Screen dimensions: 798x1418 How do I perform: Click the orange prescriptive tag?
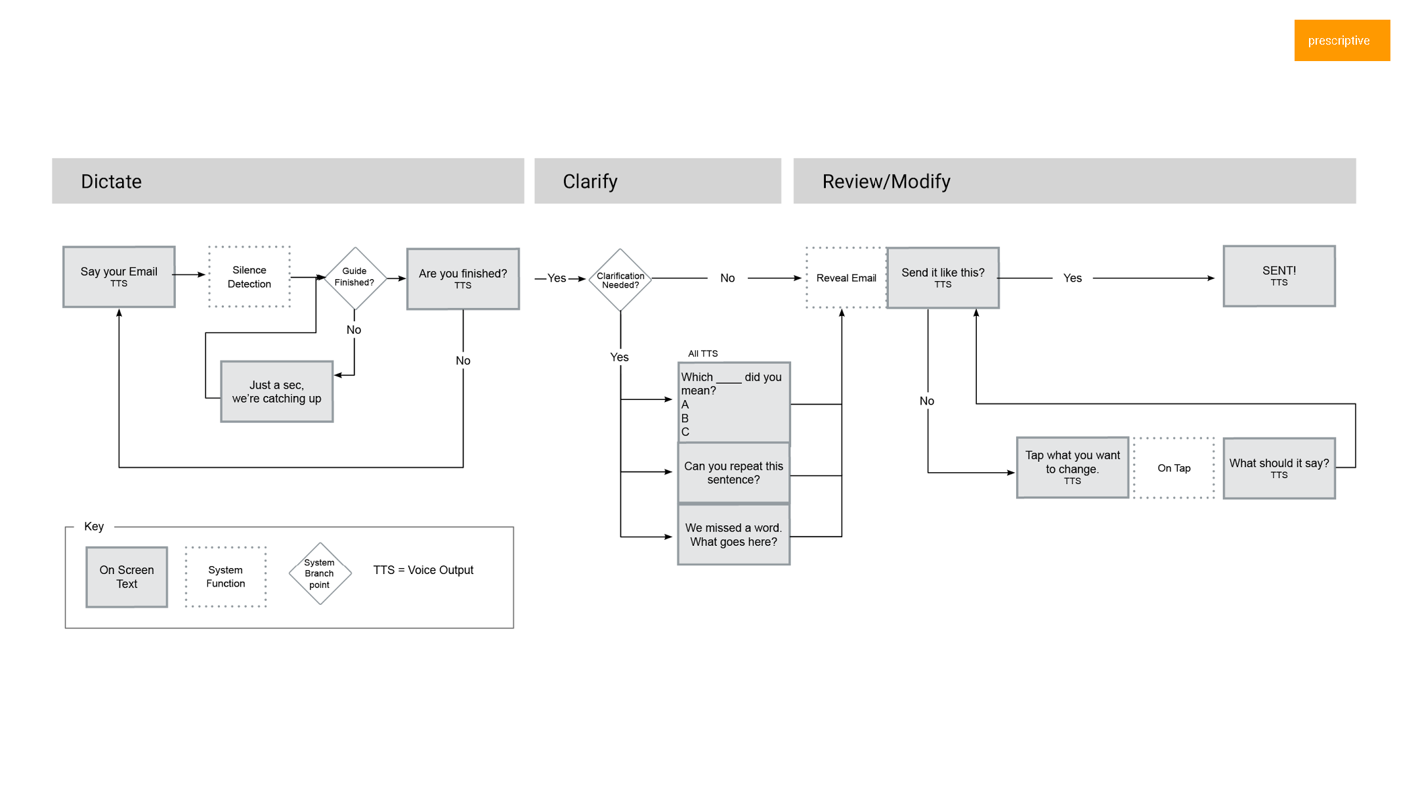tap(1341, 40)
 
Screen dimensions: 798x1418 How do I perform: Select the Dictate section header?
tap(288, 181)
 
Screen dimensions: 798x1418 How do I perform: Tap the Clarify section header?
tap(657, 181)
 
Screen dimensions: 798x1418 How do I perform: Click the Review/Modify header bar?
tap(1074, 181)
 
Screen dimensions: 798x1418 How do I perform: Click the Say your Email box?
tap(119, 277)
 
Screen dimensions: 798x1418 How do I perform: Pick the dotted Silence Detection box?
tap(249, 277)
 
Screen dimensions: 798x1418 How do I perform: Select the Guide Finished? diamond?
tap(355, 278)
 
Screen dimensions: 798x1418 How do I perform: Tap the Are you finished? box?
tap(463, 278)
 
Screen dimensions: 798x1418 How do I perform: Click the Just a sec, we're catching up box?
tap(276, 391)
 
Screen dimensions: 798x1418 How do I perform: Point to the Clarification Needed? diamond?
tap(620, 280)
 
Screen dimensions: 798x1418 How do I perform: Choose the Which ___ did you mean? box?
tap(733, 402)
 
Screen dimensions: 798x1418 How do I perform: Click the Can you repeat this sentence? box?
tap(733, 473)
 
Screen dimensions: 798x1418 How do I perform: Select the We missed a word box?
tap(733, 535)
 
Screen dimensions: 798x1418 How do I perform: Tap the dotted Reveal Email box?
tap(846, 278)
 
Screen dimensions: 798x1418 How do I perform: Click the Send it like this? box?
tap(943, 278)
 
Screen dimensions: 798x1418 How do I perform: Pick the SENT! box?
tap(1279, 276)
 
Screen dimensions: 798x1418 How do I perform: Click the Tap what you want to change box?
tap(1072, 468)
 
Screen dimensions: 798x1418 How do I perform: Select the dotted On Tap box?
tap(1174, 468)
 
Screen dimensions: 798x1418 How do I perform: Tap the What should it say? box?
tap(1279, 468)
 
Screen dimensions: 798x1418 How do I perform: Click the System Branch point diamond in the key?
tap(320, 573)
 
